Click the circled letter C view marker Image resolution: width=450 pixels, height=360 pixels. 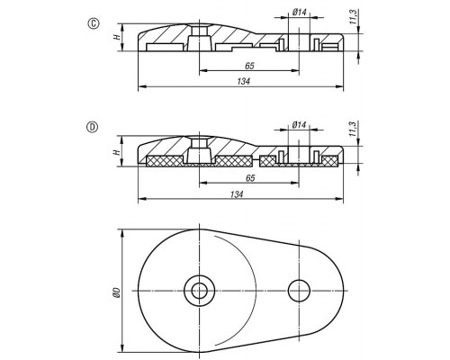click(x=94, y=23)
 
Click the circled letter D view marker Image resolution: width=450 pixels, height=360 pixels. click(x=93, y=127)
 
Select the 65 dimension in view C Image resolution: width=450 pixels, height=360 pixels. click(x=249, y=66)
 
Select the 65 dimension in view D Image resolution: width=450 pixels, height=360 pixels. click(x=250, y=178)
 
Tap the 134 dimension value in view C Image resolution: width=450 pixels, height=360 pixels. click(x=243, y=81)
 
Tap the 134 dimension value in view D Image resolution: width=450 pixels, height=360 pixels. click(x=237, y=194)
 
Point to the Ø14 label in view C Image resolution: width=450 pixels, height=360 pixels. click(x=299, y=13)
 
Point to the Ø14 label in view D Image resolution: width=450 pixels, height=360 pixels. click(x=299, y=124)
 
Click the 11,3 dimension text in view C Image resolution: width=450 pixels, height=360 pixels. click(x=353, y=17)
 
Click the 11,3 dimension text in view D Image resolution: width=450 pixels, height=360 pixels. click(x=353, y=129)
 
